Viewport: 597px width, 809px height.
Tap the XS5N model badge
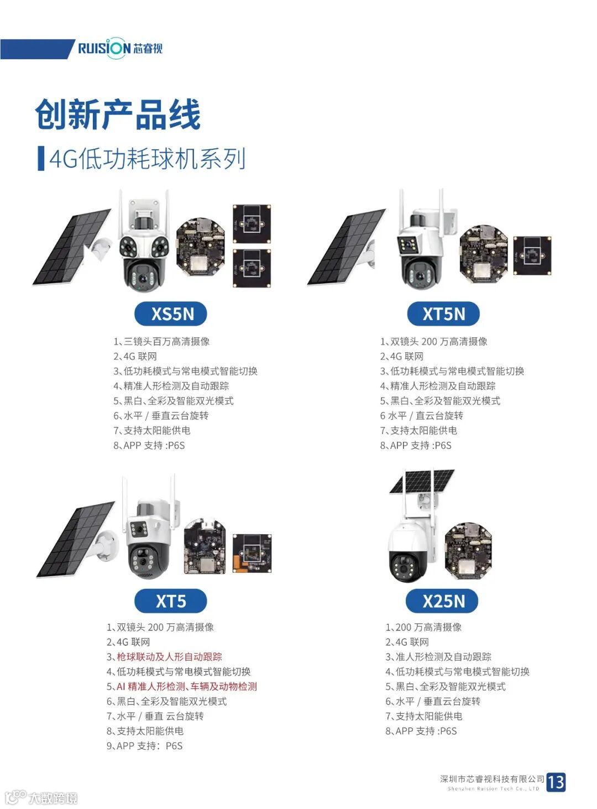170,314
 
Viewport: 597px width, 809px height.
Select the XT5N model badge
443,314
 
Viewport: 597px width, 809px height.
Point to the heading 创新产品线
117,114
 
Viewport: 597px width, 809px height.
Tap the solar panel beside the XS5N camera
71,247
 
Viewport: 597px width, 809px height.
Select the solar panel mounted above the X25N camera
422,481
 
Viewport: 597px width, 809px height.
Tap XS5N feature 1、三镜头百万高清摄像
161,341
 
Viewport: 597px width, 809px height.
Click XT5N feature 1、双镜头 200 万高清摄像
433,341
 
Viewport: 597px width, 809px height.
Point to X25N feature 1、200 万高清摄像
423,627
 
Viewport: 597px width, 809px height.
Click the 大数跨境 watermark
41,798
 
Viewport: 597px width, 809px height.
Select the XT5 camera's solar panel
76,539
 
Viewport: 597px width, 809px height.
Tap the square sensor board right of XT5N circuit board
532,255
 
